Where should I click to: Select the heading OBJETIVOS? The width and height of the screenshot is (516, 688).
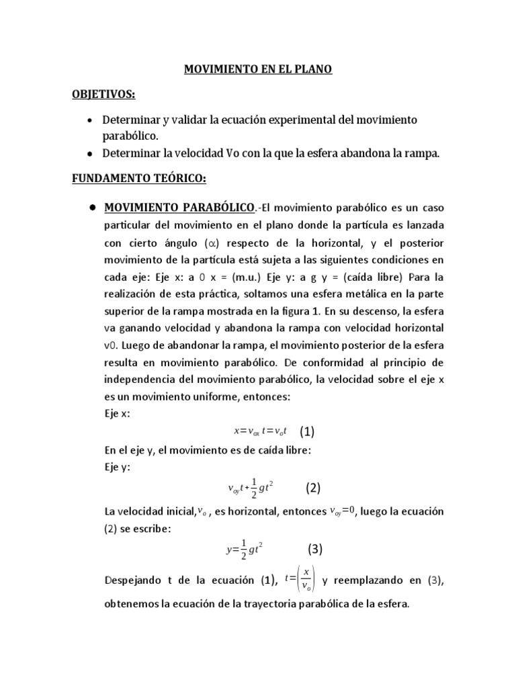click(104, 95)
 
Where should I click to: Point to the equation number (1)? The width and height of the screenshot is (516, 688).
click(308, 432)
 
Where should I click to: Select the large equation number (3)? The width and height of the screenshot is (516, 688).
click(315, 549)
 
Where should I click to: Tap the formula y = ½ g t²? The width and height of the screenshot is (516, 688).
click(243, 550)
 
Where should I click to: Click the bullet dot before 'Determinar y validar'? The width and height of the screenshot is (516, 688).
click(90, 120)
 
